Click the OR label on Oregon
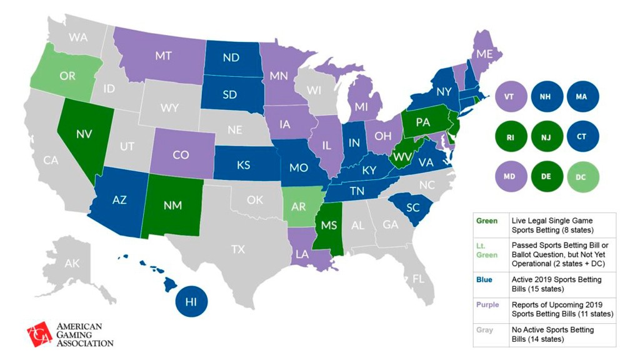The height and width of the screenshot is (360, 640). (67, 76)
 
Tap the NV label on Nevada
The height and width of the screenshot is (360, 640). (84, 134)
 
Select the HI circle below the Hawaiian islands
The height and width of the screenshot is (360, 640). (191, 302)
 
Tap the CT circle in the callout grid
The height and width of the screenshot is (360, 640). (582, 136)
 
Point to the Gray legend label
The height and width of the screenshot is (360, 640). (484, 329)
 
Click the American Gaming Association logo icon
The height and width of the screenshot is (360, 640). (39, 334)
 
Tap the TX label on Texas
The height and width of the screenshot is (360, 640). (237, 249)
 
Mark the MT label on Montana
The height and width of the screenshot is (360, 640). (164, 56)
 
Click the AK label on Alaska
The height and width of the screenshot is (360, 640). (72, 263)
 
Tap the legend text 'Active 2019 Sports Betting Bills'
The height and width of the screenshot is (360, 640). (556, 284)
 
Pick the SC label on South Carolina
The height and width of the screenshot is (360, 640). (412, 208)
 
